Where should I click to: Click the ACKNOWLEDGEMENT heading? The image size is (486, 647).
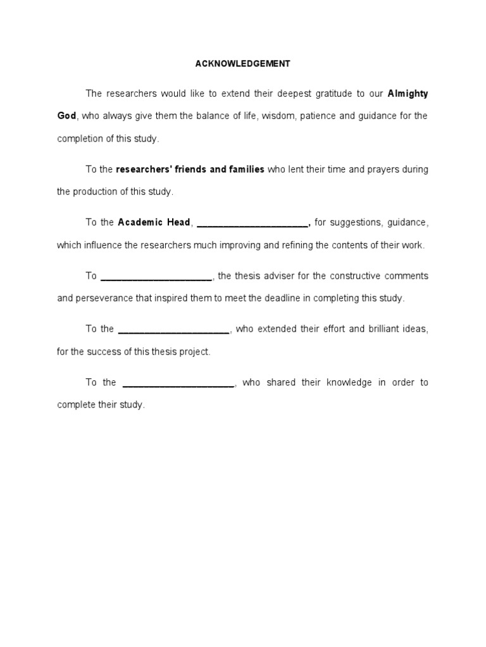coord(242,63)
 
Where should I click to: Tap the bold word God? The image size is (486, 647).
coord(66,116)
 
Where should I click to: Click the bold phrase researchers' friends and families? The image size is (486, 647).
coord(190,169)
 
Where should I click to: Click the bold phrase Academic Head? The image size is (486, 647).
coord(154,222)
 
